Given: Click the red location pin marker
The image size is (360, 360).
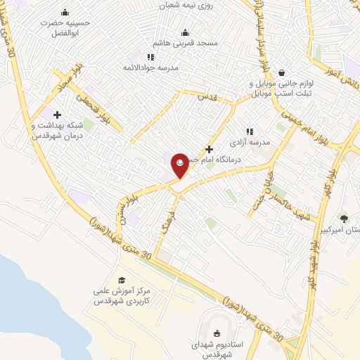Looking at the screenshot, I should coord(181,165).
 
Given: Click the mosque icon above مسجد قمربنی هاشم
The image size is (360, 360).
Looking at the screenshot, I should coord(186,32).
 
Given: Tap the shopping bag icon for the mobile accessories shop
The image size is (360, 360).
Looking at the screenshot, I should coord(281,72).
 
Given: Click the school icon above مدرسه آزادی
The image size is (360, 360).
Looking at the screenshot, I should coord(248,131).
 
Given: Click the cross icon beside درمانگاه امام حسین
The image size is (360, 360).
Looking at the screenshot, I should coord(209,148).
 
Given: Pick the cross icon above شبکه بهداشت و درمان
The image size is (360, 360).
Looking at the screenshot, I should coord(57,115).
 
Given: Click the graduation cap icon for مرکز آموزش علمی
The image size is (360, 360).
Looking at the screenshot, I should coord(122,281).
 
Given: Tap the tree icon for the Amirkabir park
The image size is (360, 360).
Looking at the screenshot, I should coord(344,219).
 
